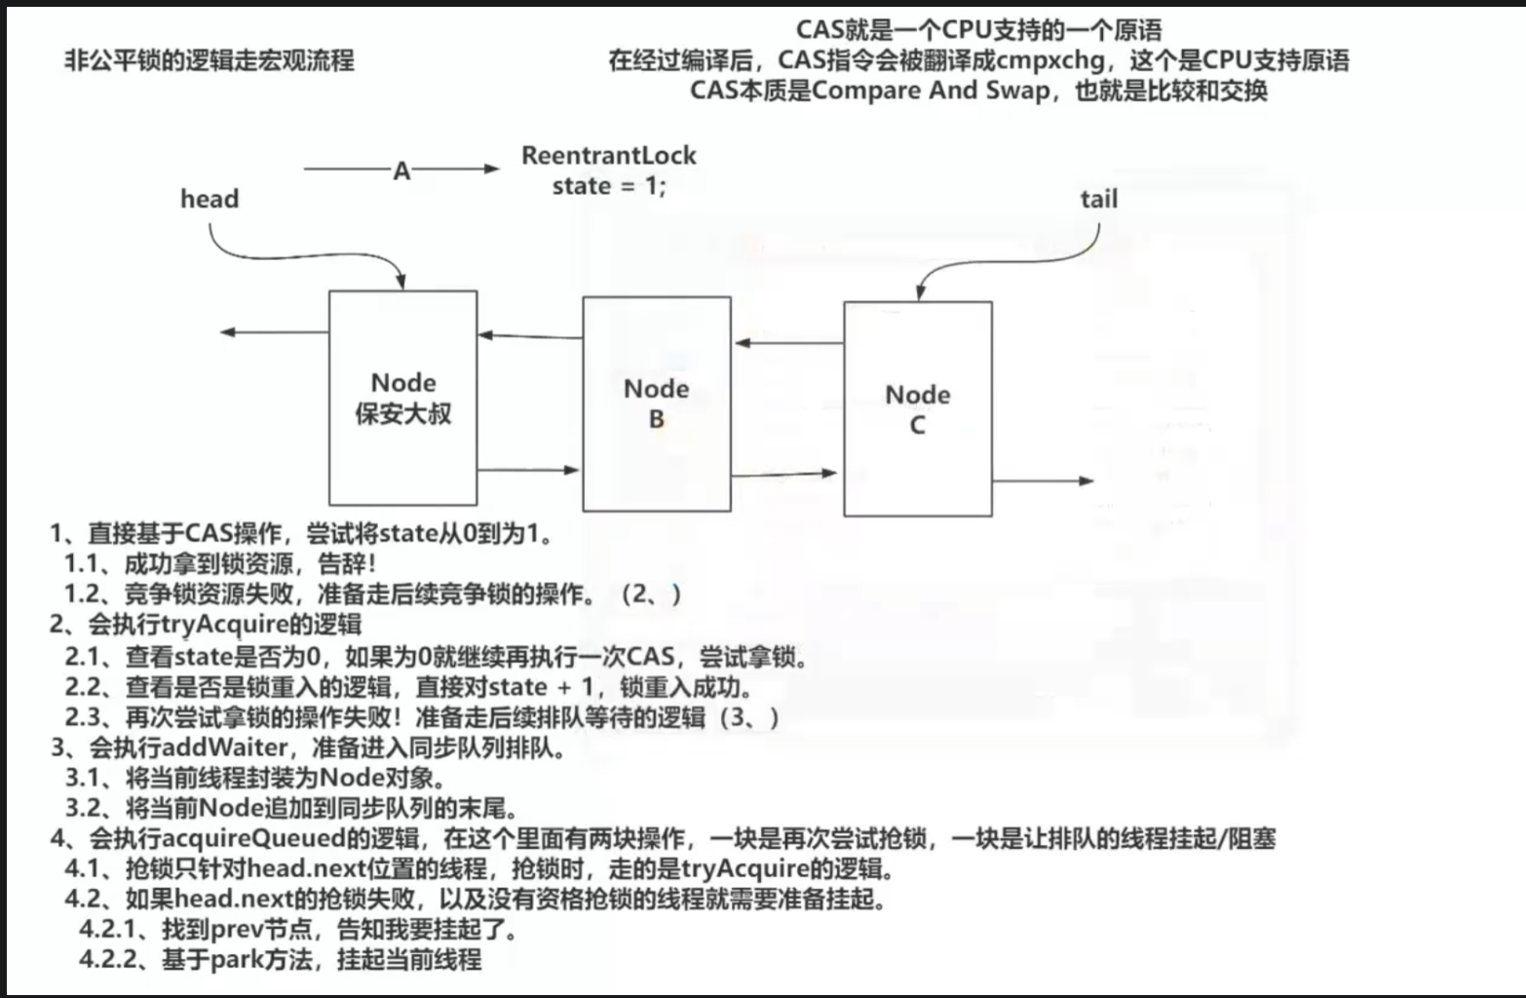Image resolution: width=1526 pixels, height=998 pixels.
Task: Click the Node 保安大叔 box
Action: (x=403, y=398)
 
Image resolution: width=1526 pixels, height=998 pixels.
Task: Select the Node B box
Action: (x=656, y=403)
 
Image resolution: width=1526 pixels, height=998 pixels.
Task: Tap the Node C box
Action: (x=917, y=409)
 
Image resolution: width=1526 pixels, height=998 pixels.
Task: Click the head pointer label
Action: (x=210, y=199)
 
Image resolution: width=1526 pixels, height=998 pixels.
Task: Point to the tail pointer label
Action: (x=1098, y=200)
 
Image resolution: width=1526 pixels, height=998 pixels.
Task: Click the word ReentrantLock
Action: (x=609, y=156)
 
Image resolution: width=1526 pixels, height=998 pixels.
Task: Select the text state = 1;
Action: (x=609, y=186)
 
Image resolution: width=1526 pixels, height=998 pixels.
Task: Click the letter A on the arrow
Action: (x=401, y=172)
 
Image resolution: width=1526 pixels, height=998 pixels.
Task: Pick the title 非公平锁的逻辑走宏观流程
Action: (x=210, y=61)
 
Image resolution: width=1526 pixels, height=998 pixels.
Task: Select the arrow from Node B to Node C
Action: (x=782, y=475)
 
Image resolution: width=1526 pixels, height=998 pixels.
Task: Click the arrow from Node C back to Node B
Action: (x=788, y=343)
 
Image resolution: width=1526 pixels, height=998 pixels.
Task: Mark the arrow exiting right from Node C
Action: (x=1042, y=480)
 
